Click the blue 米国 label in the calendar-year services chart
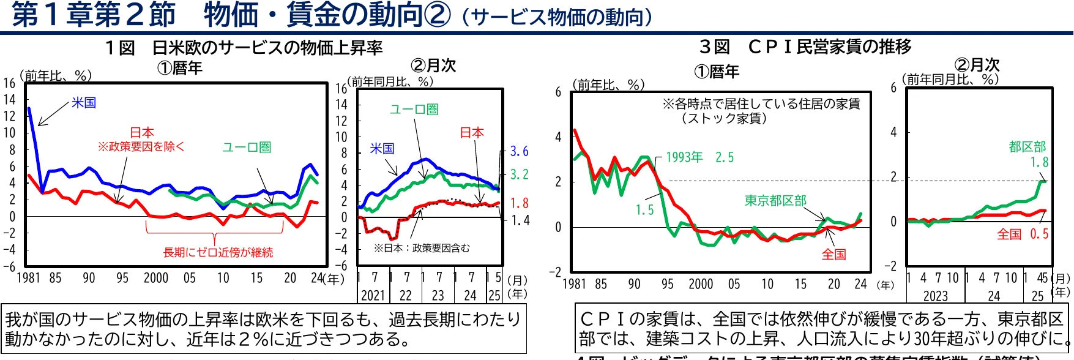click(84, 103)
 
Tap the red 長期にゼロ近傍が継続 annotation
click(218, 252)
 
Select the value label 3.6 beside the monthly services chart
click(519, 151)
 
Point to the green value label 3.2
click(519, 174)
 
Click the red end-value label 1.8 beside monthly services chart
click(519, 203)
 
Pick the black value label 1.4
click(520, 220)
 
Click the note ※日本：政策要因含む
click(422, 248)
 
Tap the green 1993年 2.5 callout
click(699, 157)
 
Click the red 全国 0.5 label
click(1022, 234)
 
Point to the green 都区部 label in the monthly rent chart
click(1027, 147)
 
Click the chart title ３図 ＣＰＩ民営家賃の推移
click(805, 47)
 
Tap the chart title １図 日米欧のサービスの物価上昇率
click(244, 48)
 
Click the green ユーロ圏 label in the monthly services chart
click(414, 110)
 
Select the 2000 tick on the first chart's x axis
click(156, 279)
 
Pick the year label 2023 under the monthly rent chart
click(935, 296)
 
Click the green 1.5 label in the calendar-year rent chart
click(644, 210)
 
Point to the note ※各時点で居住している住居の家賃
click(761, 103)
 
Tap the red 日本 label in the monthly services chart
click(471, 133)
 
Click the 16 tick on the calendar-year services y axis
click(9, 83)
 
